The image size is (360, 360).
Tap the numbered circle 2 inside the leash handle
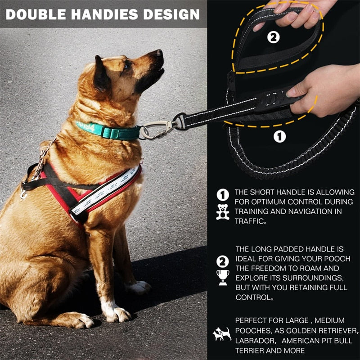(273, 38)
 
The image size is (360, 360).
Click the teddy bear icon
(222, 212)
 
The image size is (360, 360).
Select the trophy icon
(223, 277)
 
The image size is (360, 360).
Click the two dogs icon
(222, 334)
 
